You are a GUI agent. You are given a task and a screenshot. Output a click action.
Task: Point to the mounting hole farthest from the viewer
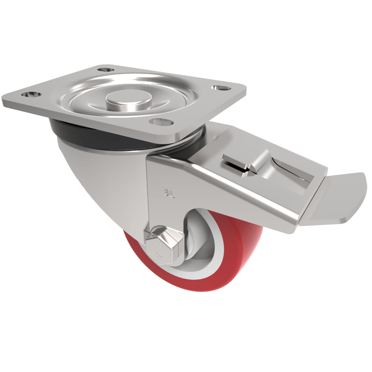coord(107,69)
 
